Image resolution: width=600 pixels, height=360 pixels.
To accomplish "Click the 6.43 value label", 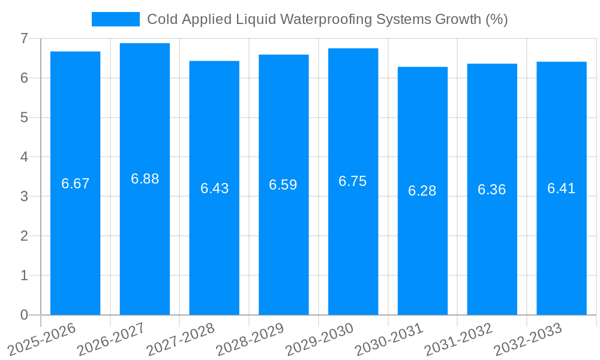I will click(214, 188).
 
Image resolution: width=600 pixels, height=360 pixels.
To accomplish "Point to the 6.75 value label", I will click(353, 182).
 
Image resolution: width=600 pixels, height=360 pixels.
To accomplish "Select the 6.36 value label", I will click(492, 190).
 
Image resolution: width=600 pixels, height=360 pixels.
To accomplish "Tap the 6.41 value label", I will click(562, 188).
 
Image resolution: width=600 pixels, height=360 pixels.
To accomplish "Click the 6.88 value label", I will click(145, 179).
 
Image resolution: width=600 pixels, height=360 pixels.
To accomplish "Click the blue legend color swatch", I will click(115, 19).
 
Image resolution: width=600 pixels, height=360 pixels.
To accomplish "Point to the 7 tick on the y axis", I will click(24, 38).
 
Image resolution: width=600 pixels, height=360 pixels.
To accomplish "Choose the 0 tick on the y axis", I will click(24, 315).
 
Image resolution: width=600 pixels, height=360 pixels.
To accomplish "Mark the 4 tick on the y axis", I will click(24, 157).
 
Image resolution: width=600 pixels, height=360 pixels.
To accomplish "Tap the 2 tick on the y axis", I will click(24, 236).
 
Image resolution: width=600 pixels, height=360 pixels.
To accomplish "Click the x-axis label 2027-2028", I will click(180, 340).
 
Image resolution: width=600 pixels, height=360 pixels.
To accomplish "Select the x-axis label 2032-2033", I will click(527, 340).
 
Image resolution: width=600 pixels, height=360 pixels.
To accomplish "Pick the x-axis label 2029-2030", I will click(319, 340).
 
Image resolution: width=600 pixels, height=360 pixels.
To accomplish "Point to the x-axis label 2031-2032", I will click(458, 340).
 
